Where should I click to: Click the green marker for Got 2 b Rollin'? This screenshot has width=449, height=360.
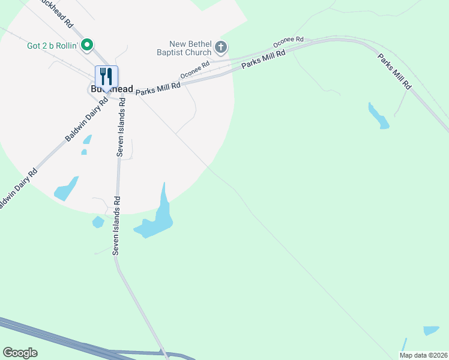tap(87, 44)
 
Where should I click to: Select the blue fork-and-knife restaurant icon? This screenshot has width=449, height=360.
tap(106, 76)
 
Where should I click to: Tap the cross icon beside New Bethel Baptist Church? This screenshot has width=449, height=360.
tap(221, 46)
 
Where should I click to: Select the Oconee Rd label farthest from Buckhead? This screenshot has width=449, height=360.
tap(288, 42)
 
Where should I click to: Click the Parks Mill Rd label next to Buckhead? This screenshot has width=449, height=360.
tap(158, 89)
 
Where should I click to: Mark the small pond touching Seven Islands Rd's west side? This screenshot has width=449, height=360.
tap(98, 222)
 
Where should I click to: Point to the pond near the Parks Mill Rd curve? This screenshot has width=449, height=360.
tap(378, 116)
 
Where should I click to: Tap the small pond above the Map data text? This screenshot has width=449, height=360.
tap(431, 331)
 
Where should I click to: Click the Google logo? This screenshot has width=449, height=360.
tap(20, 353)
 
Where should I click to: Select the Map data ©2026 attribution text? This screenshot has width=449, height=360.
tap(424, 355)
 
